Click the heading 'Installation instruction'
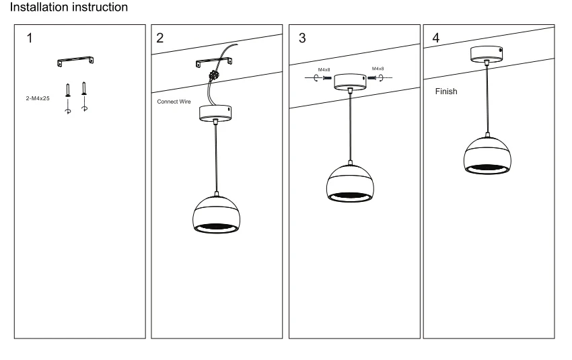(69, 7)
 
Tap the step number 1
(30, 38)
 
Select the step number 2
(159, 38)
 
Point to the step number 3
(302, 38)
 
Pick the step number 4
(436, 38)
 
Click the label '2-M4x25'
(38, 98)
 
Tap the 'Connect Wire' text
(174, 102)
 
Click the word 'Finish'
(445, 92)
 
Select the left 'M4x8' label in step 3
(324, 70)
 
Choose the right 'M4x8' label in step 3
(378, 69)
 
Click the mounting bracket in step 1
(75, 61)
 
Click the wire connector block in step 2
(213, 76)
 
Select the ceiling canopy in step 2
(215, 113)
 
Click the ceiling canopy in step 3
(350, 81)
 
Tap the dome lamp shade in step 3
(350, 184)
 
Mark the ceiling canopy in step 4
(487, 54)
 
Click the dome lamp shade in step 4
(487, 155)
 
